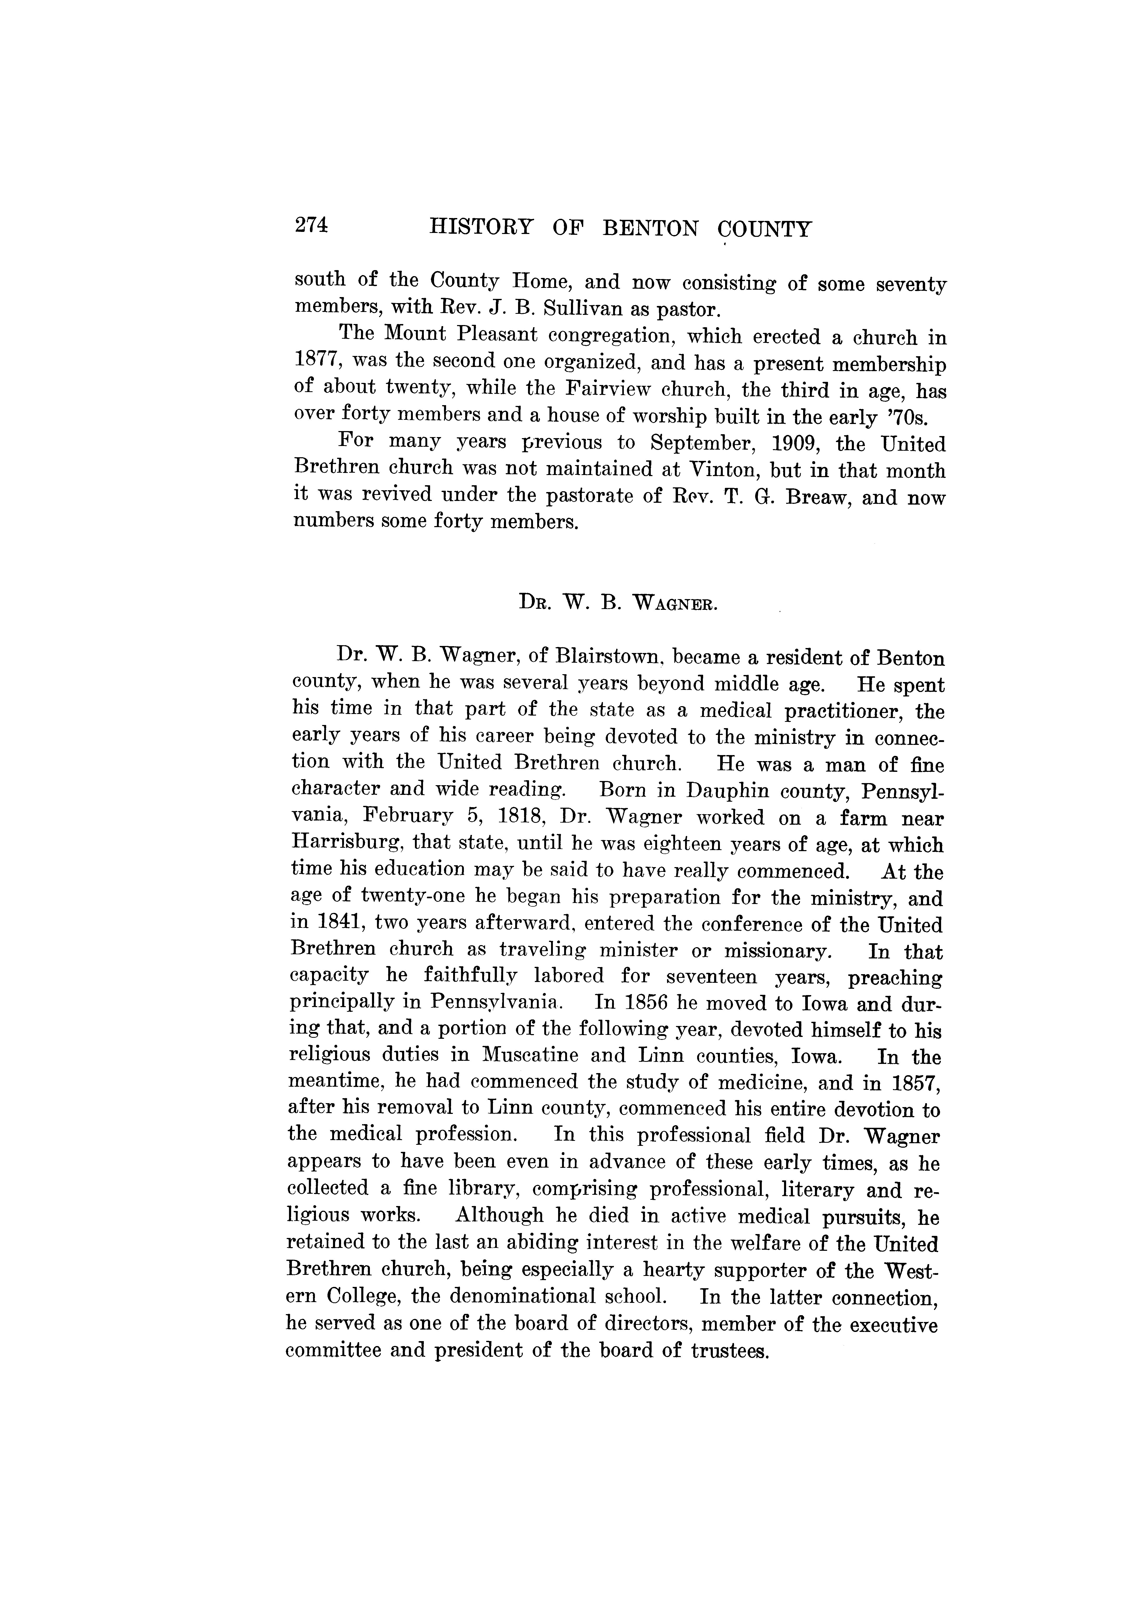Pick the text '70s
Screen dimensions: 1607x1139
click(x=907, y=418)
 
